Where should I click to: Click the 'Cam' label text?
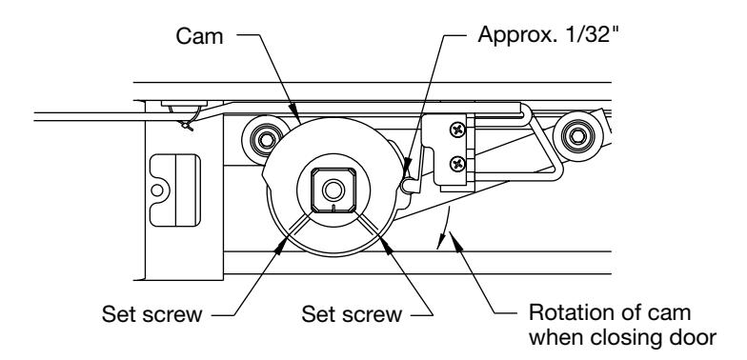[x=199, y=36]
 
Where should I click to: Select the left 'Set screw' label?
[x=151, y=314]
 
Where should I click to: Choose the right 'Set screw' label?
[x=352, y=314]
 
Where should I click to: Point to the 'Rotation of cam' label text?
[x=610, y=312]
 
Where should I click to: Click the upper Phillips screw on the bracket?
[x=457, y=129]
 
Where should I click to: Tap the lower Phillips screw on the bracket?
[x=457, y=164]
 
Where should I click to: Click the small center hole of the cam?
[x=333, y=190]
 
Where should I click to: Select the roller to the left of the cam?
[x=265, y=140]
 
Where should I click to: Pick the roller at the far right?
[x=577, y=137]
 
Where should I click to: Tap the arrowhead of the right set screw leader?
[x=385, y=244]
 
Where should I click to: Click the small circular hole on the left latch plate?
[x=156, y=190]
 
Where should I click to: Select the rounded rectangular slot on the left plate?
[x=175, y=190]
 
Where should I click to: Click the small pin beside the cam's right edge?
[x=408, y=185]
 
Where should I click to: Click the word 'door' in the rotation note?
[x=691, y=337]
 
